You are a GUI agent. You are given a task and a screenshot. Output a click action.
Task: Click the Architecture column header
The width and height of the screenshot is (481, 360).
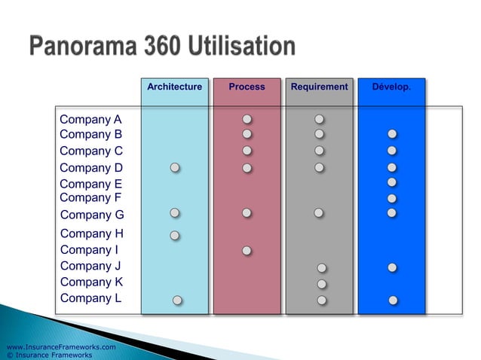point(174,87)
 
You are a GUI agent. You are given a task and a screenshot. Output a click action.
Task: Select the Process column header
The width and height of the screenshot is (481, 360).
point(247,87)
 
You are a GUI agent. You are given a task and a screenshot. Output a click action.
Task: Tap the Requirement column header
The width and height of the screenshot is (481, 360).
point(319,87)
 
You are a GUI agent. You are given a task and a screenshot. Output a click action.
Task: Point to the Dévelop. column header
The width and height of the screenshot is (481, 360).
point(391,87)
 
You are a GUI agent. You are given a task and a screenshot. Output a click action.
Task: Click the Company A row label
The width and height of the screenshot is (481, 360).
point(90,119)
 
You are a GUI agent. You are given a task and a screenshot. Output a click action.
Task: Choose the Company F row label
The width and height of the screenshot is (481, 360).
point(90,198)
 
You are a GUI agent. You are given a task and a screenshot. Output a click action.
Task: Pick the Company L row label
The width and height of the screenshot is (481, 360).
point(90,298)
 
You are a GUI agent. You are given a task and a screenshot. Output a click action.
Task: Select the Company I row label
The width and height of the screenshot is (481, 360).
point(89,250)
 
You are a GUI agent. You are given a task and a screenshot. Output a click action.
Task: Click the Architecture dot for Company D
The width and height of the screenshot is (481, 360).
point(175,167)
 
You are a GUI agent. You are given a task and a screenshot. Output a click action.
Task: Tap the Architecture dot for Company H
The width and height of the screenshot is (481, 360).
point(175,235)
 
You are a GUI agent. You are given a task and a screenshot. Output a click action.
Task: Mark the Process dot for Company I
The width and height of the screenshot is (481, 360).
point(247,250)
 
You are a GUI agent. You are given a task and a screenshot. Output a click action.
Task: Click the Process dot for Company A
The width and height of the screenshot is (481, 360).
point(247,119)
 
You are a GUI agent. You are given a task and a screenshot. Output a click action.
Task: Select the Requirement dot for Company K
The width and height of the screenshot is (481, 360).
point(322,284)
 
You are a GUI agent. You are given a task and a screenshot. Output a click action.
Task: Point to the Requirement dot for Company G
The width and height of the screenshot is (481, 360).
point(320,214)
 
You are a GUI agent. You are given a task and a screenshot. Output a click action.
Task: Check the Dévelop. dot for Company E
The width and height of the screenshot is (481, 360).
point(392,182)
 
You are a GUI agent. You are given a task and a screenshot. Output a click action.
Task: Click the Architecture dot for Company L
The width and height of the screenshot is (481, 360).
point(177,300)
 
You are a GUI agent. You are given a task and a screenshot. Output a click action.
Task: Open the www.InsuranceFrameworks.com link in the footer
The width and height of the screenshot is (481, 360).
point(60,346)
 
